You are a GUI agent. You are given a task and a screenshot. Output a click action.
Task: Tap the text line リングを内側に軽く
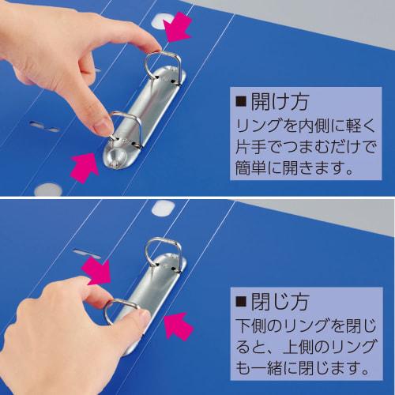click(x=301, y=125)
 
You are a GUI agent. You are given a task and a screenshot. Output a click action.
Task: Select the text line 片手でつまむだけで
click(x=301, y=146)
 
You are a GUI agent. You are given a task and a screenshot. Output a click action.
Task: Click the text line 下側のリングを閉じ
click(x=301, y=324)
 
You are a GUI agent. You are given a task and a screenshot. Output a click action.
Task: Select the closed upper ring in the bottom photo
click(x=162, y=253)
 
